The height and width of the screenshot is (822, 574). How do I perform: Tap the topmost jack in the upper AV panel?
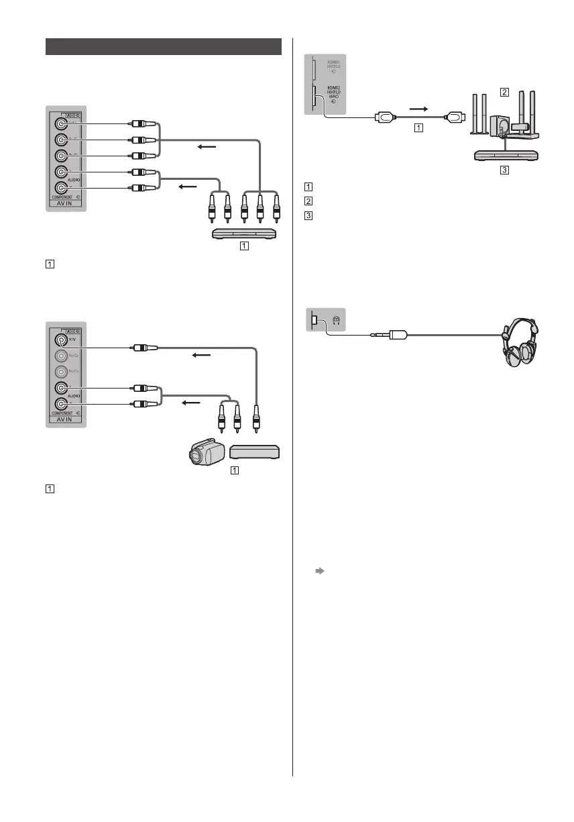click(x=62, y=123)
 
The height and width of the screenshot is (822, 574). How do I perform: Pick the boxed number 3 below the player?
click(x=504, y=170)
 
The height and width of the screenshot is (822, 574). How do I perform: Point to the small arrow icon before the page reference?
click(x=320, y=571)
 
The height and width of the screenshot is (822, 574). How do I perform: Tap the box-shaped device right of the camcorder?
click(x=254, y=453)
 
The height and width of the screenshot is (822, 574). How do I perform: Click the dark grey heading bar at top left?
click(x=164, y=47)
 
